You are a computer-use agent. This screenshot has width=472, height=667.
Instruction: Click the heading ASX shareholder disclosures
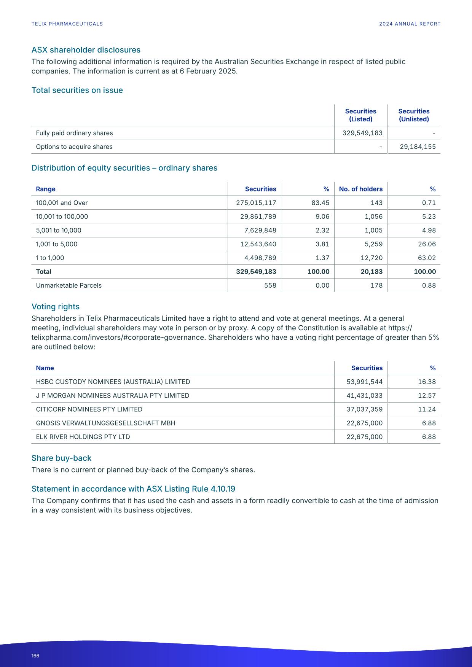pos(86,50)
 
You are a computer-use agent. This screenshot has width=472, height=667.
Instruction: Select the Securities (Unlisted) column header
pos(414,115)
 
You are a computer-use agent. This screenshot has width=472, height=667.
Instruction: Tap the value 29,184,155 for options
pos(418,147)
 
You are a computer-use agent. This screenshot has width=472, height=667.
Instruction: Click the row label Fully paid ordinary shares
pos(74,133)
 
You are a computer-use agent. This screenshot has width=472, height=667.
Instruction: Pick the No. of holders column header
pos(360,189)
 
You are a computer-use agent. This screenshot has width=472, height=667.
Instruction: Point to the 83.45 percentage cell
pos(320,203)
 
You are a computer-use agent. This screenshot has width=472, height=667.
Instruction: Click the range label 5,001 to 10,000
pos(58,231)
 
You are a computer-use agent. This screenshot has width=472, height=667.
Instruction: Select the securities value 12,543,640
pos(258,244)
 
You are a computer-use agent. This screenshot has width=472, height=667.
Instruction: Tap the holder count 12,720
pos(372,258)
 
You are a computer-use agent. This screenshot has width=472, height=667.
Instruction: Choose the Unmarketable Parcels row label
pos(69,285)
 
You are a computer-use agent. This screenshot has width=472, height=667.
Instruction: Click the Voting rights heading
pos(55,307)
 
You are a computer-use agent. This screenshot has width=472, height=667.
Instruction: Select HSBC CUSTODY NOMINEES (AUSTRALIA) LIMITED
pos(113,382)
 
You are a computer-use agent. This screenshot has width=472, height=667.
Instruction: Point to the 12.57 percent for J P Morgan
pos(427,396)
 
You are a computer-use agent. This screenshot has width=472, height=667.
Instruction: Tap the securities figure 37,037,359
pos(364,409)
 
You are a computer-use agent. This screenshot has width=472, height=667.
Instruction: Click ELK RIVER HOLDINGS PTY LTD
pos(83,437)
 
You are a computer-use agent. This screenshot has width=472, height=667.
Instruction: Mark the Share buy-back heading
pos(61,458)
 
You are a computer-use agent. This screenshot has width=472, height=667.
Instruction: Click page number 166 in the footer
pos(35,656)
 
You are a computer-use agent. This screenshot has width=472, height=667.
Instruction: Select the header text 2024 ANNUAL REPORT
pos(410,24)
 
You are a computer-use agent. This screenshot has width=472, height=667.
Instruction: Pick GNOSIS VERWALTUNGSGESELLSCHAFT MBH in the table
pos(105,423)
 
